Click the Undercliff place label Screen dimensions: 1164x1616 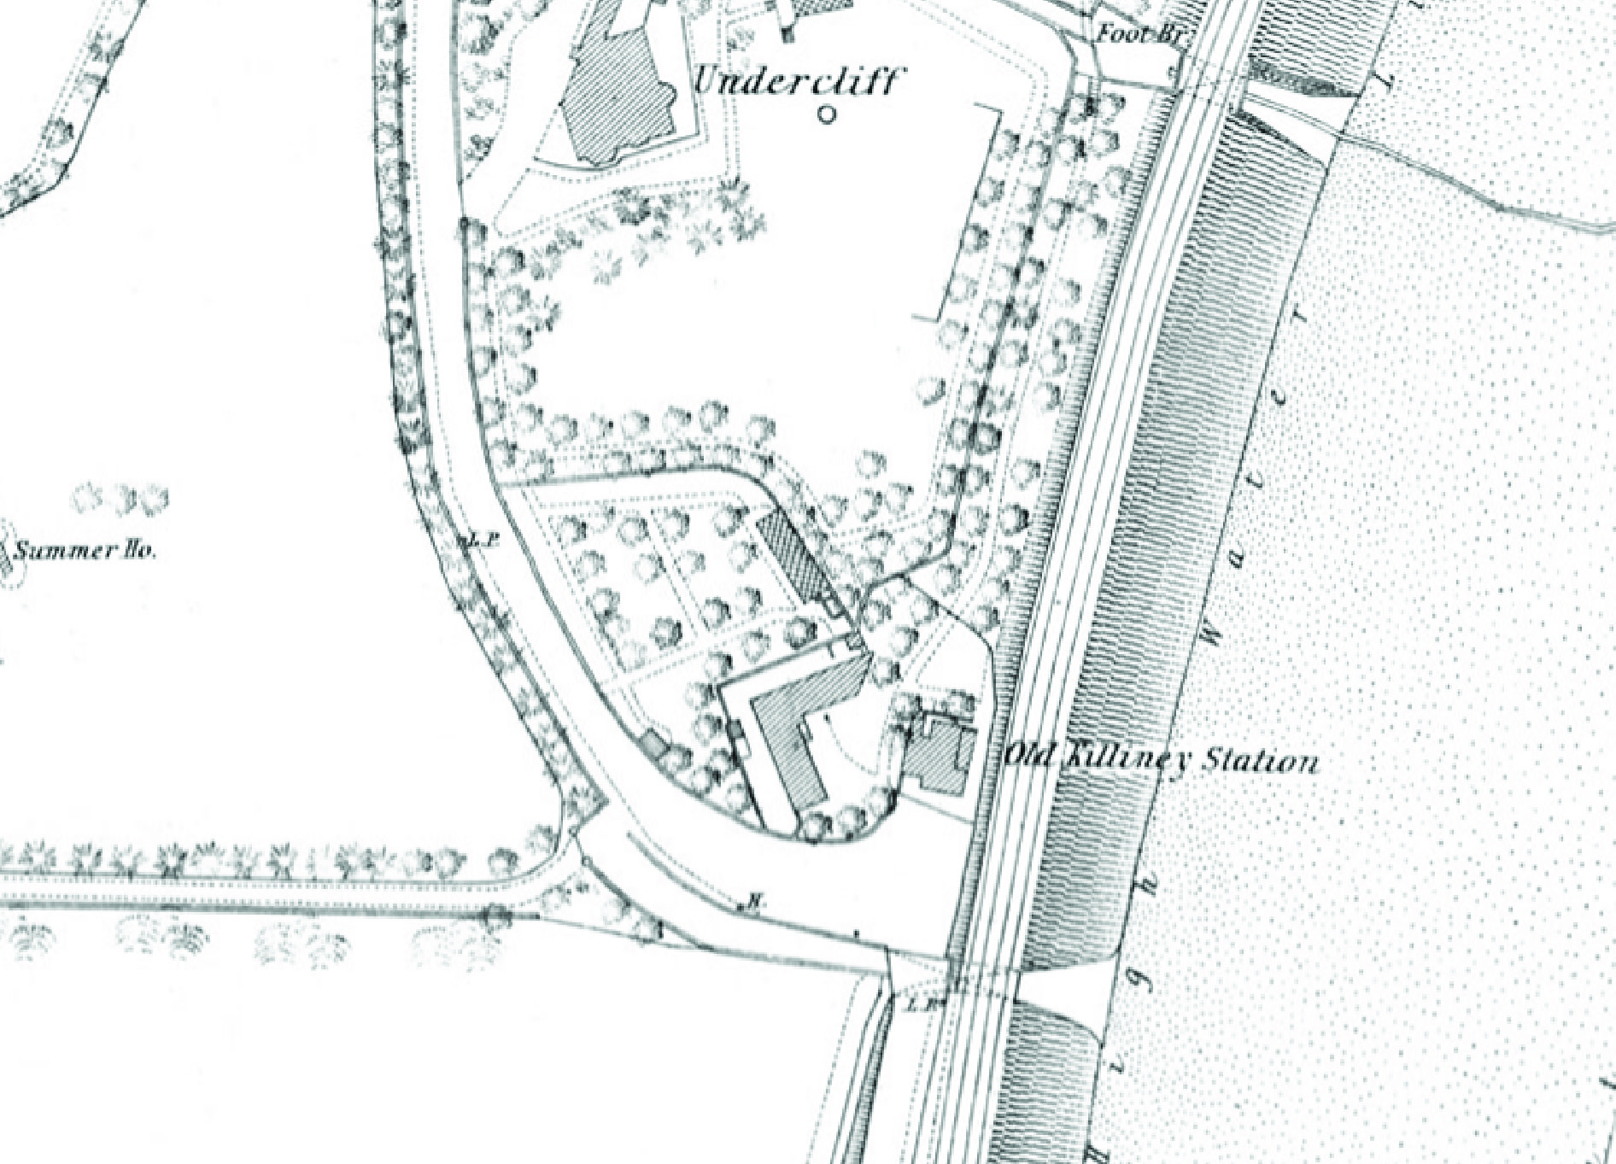coord(795,82)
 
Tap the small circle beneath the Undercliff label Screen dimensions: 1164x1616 coord(826,114)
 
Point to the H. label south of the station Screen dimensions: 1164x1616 coord(753,899)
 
